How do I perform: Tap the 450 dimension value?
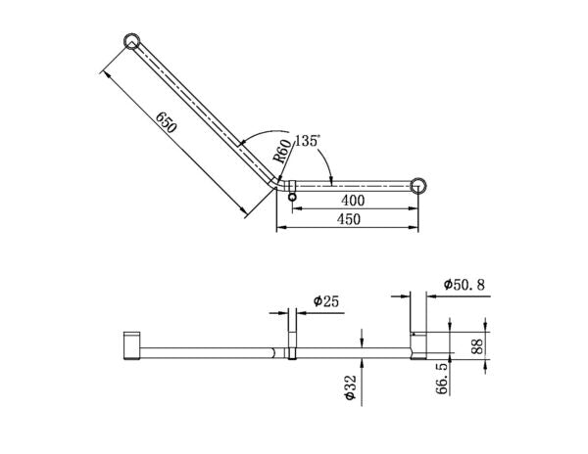coord(349,219)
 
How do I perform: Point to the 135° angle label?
coord(309,140)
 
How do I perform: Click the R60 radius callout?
coord(280,152)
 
